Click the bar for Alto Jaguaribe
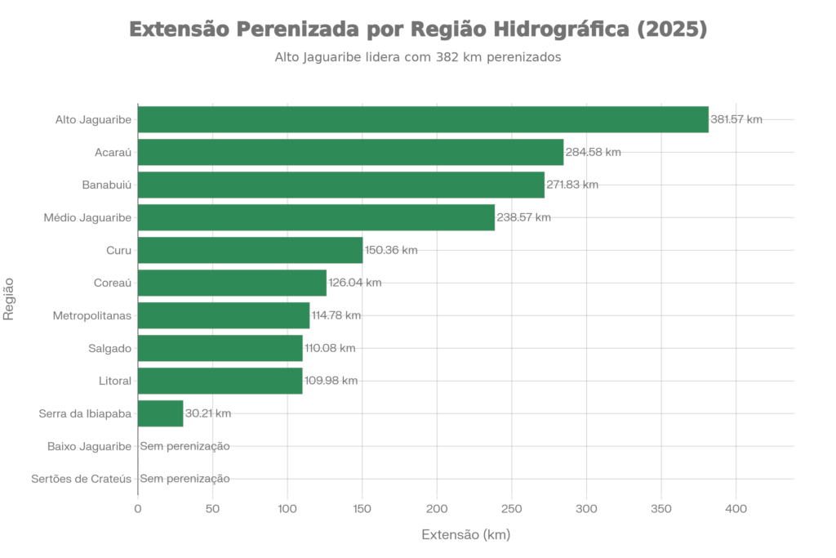pyautogui.click(x=423, y=119)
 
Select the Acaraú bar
pyautogui.click(x=351, y=152)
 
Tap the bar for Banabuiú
pyautogui.click(x=341, y=185)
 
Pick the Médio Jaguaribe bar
pyautogui.click(x=317, y=217)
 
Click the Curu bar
pyautogui.click(x=250, y=250)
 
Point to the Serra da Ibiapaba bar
pyautogui.click(x=161, y=413)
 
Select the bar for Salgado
pyautogui.click(x=220, y=348)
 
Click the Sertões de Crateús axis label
pyautogui.click(x=81, y=479)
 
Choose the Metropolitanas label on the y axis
pyautogui.click(x=92, y=315)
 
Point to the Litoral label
pyautogui.click(x=113, y=381)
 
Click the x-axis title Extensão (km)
pyautogui.click(x=465, y=535)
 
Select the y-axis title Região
pyautogui.click(x=10, y=299)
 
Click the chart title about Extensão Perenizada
pyautogui.click(x=417, y=30)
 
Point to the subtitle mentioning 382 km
pyautogui.click(x=417, y=58)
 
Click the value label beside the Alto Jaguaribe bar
pyautogui.click(x=736, y=119)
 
